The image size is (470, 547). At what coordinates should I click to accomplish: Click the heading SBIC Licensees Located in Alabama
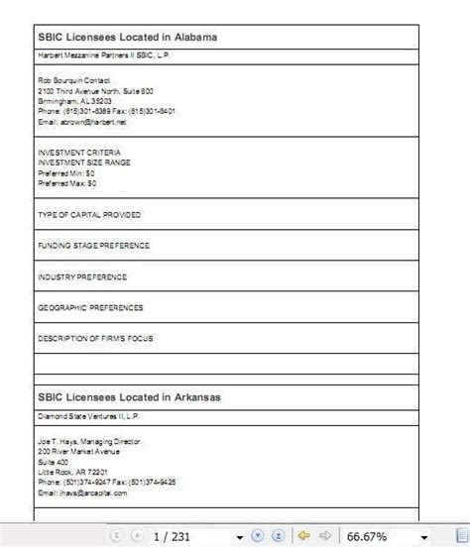(x=126, y=37)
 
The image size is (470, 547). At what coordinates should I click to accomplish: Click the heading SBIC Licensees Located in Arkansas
(x=128, y=397)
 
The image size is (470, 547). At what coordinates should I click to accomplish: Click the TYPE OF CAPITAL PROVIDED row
(x=89, y=214)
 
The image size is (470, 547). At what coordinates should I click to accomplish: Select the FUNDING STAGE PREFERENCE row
(x=93, y=245)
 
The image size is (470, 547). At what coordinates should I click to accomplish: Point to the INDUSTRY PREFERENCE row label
(x=82, y=276)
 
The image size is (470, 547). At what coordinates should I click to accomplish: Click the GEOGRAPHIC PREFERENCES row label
(x=90, y=307)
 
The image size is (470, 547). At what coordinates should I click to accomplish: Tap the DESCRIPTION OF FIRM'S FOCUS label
(x=95, y=338)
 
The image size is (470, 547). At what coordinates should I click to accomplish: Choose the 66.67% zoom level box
(x=371, y=536)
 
